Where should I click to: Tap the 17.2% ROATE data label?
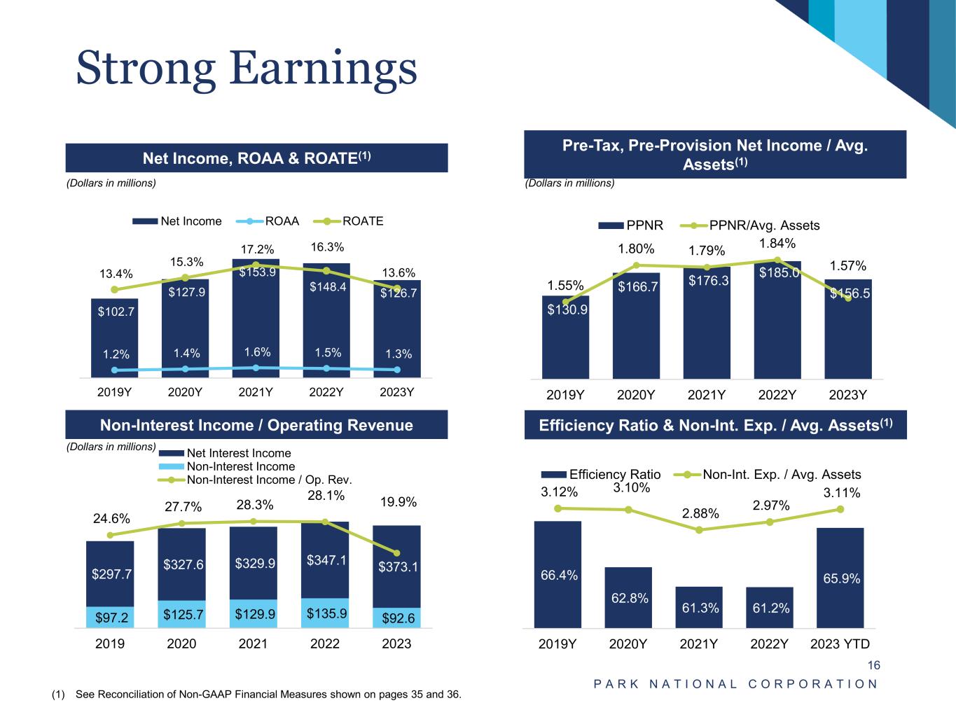click(x=256, y=249)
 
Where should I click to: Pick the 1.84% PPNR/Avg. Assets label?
click(x=777, y=243)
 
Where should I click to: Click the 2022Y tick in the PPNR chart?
click(x=777, y=395)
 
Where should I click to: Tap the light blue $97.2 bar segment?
click(x=110, y=617)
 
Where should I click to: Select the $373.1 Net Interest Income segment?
click(x=396, y=566)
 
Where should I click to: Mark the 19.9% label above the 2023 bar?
click(x=398, y=502)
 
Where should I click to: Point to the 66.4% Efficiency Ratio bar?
click(x=558, y=575)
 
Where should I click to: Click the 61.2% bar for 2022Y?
click(x=770, y=608)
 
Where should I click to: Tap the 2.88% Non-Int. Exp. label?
click(x=700, y=513)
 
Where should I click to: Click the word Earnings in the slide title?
click(x=322, y=69)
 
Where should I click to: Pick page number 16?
click(x=873, y=665)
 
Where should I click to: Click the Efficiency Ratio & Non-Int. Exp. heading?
click(x=715, y=425)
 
